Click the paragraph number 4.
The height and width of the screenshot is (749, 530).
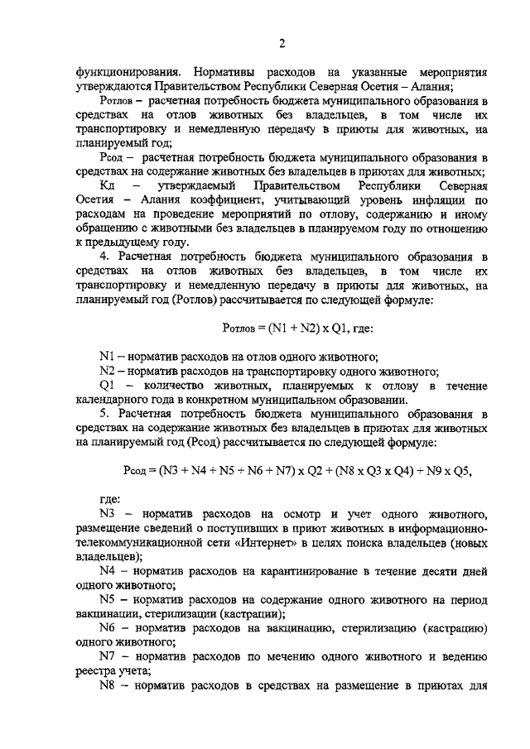pos(104,258)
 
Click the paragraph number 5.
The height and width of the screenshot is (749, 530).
pos(104,413)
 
